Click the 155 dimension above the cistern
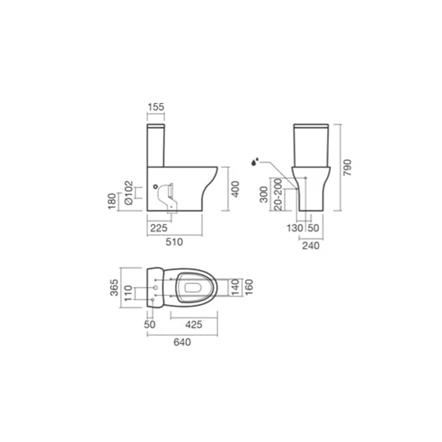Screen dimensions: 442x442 coord(156,107)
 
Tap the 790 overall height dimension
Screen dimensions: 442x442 coord(347,168)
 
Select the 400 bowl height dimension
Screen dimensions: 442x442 coord(235,189)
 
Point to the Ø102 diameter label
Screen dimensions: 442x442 coord(129,193)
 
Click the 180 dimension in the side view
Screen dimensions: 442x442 coord(112,201)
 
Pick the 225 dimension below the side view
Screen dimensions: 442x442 coord(159,228)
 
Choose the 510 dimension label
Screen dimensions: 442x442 coord(174,242)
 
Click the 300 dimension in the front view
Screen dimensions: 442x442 coord(264,195)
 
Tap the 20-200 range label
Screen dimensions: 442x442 coord(278,194)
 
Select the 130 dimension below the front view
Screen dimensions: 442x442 coord(295,228)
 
